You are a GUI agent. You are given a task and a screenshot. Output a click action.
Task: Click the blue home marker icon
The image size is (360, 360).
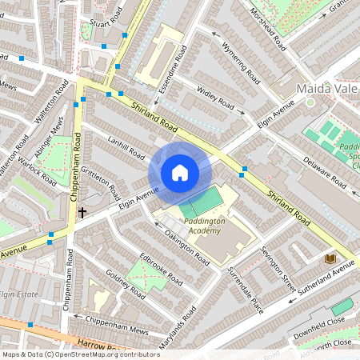[x=180, y=172]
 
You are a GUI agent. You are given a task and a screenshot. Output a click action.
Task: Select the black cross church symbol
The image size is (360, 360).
[x=82, y=212]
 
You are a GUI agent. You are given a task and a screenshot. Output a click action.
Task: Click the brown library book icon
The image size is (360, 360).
[x=329, y=258]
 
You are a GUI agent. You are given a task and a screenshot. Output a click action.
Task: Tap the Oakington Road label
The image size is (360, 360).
[x=186, y=250]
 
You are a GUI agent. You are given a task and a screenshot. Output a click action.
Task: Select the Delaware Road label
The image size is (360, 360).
[x=324, y=172]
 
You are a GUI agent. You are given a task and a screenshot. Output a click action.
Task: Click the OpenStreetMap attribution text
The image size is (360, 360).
[x=80, y=354]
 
